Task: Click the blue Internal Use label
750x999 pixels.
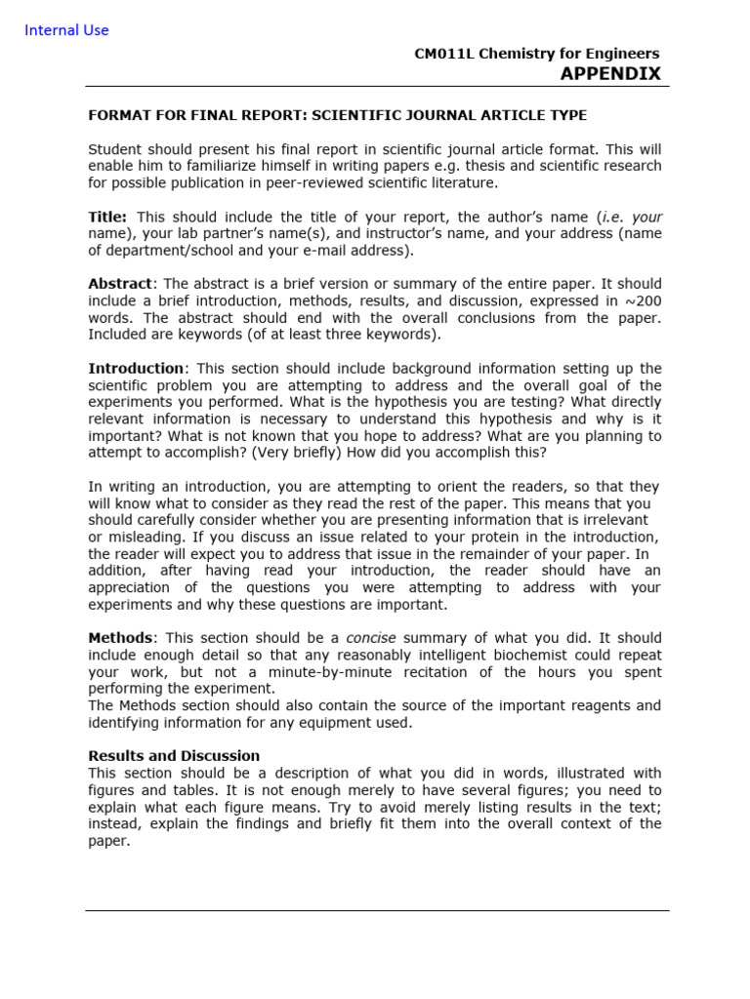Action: [66, 30]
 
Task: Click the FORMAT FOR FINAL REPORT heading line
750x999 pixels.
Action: [338, 115]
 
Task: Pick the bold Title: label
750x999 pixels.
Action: [107, 217]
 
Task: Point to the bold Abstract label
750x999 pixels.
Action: [120, 284]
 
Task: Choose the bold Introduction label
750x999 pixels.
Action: [136, 368]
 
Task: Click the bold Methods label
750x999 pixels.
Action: [120, 638]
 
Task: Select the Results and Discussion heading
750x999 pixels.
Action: [174, 756]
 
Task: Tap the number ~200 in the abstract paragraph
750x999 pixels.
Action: [642, 300]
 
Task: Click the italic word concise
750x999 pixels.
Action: [371, 638]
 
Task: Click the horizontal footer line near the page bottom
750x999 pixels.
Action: [377, 910]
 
